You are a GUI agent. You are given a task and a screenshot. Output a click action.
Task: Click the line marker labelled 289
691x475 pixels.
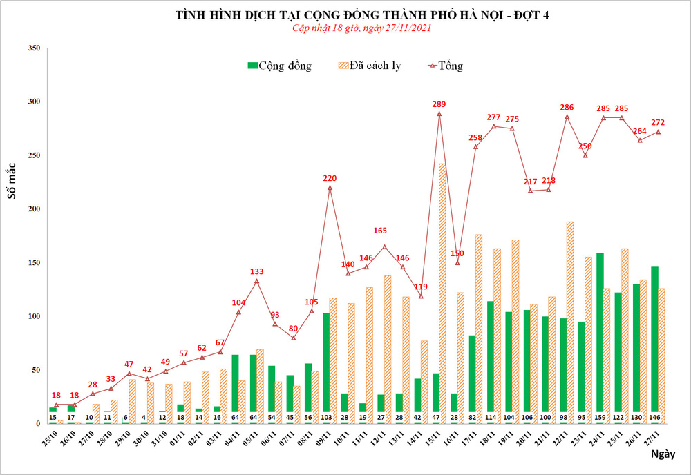pyautogui.click(x=439, y=113)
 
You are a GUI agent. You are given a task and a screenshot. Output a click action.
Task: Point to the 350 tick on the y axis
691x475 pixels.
pyautogui.click(x=32, y=48)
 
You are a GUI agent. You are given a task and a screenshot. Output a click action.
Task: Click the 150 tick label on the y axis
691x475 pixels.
pyautogui.click(x=32, y=262)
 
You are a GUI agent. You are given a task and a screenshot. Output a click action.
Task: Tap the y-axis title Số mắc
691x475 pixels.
pyautogui.click(x=12, y=183)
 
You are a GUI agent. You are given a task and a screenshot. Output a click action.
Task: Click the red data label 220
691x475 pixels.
pyautogui.click(x=330, y=179)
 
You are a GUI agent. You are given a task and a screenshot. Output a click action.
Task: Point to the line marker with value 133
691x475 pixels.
pyautogui.click(x=256, y=281)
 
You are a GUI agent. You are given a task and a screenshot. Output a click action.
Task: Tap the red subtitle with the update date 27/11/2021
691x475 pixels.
pyautogui.click(x=352, y=28)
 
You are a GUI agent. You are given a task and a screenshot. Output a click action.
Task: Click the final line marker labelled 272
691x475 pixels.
pyautogui.click(x=658, y=132)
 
